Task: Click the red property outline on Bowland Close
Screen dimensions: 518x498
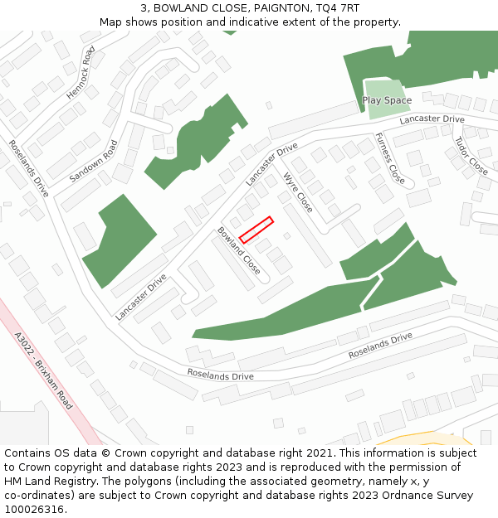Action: (256, 230)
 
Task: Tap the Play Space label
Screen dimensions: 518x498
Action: (387, 101)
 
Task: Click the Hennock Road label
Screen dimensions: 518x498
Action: (81, 73)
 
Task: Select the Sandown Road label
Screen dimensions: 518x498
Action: (94, 161)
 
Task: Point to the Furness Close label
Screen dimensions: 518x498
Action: (390, 158)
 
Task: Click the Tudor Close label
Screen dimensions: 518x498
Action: (471, 156)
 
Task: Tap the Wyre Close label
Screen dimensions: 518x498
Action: (298, 192)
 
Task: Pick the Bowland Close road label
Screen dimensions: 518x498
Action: (239, 250)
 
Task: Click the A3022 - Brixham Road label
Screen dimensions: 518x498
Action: (43, 370)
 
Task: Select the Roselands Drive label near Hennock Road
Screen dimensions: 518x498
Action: (29, 167)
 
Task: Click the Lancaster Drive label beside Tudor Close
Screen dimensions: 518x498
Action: (432, 120)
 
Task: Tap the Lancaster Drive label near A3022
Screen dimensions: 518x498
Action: (141, 297)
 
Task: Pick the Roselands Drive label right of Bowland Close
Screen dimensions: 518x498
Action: (380, 346)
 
